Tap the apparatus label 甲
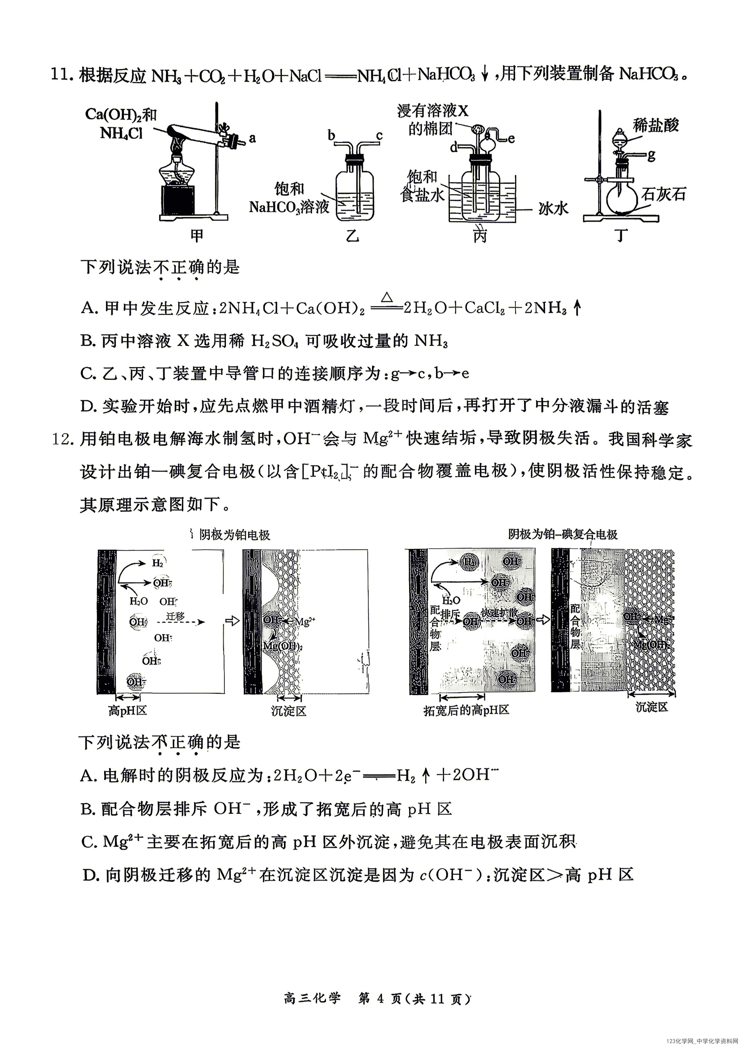coord(196,235)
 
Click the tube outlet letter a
coord(252,138)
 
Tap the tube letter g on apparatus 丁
coord(651,155)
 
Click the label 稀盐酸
coord(656,125)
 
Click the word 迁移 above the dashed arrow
coord(175,616)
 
